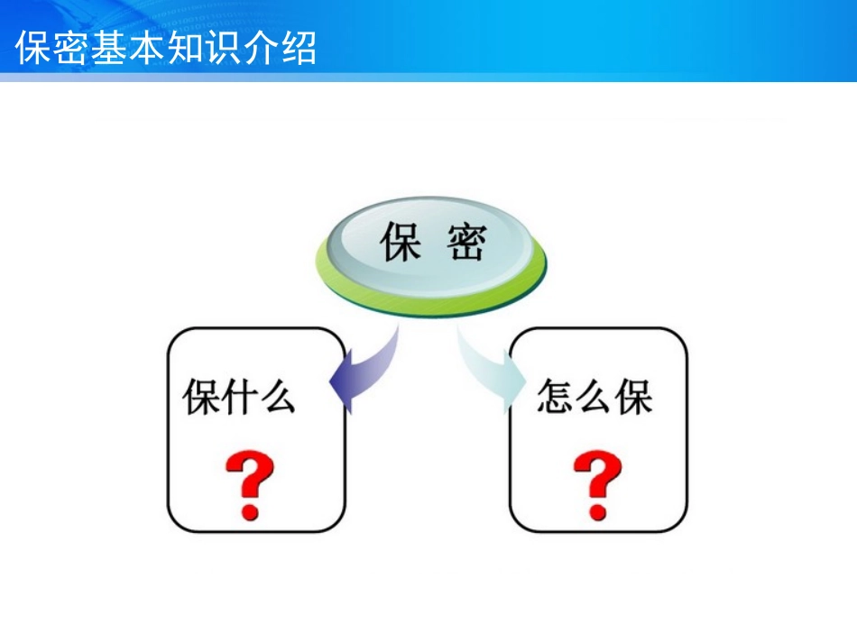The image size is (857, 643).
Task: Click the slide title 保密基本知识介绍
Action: [x=166, y=48]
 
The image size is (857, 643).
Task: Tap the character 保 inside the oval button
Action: [x=401, y=242]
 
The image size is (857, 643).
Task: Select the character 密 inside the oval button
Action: [x=466, y=242]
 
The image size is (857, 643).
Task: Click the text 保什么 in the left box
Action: [x=239, y=397]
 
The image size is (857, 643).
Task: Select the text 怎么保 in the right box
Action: [x=594, y=397]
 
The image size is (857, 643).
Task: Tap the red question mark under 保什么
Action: [x=250, y=484]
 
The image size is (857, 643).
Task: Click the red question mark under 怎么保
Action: [x=597, y=484]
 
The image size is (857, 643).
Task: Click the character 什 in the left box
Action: [x=239, y=397]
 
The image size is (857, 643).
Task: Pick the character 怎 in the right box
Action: [x=556, y=397]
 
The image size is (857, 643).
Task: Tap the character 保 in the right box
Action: [x=634, y=397]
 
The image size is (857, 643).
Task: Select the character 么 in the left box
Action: [x=277, y=397]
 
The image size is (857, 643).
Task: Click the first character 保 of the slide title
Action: [x=33, y=48]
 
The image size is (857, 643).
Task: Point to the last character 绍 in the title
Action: [x=299, y=48]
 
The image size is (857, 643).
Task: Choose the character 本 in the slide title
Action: [x=147, y=48]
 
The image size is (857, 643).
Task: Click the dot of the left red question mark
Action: [x=250, y=511]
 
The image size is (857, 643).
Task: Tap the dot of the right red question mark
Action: [x=597, y=511]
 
